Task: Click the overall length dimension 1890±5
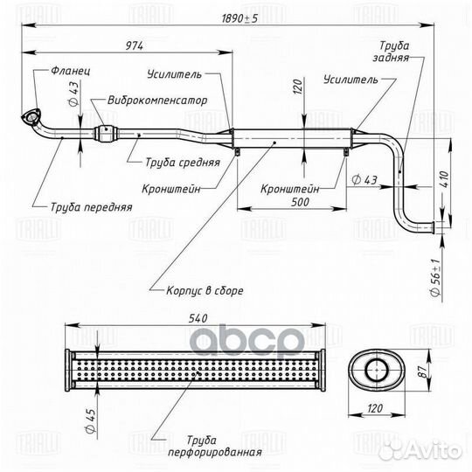coord(239,18)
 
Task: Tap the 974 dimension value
coord(135,46)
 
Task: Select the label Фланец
coord(71,71)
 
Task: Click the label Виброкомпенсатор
coord(157,101)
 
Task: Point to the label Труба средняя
coord(183,163)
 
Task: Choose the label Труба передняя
coord(91,207)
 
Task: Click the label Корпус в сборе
coord(205,291)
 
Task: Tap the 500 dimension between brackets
coord(300,202)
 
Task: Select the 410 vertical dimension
coord(445,180)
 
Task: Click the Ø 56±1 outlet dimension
coord(436,277)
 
